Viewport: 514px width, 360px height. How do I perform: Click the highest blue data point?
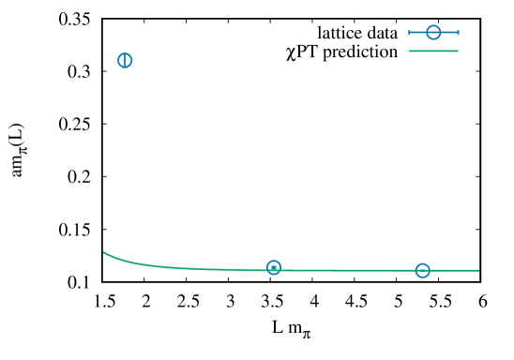click(x=125, y=60)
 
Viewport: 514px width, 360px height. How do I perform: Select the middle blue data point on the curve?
click(x=273, y=267)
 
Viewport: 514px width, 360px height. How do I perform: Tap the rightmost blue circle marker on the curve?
click(x=422, y=270)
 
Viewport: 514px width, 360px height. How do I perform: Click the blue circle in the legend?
click(x=433, y=33)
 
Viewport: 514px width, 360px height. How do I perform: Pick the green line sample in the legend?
click(x=433, y=51)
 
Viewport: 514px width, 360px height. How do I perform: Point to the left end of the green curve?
click(x=104, y=251)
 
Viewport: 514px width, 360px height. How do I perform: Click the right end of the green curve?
click(x=478, y=270)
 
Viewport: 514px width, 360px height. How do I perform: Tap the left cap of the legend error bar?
click(x=410, y=33)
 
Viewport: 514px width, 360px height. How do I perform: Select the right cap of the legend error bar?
click(x=458, y=33)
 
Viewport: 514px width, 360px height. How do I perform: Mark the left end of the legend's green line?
click(x=411, y=51)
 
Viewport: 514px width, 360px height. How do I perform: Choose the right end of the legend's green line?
click(x=457, y=51)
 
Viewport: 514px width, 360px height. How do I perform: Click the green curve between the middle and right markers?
click(x=347, y=270)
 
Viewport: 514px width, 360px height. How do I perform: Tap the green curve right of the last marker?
click(x=455, y=270)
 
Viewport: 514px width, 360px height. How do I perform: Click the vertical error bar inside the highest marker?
click(x=125, y=60)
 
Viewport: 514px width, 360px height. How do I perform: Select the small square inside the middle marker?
click(x=273, y=268)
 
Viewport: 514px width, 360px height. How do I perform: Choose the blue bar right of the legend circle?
click(x=449, y=33)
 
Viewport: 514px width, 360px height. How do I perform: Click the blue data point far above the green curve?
click(x=125, y=60)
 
